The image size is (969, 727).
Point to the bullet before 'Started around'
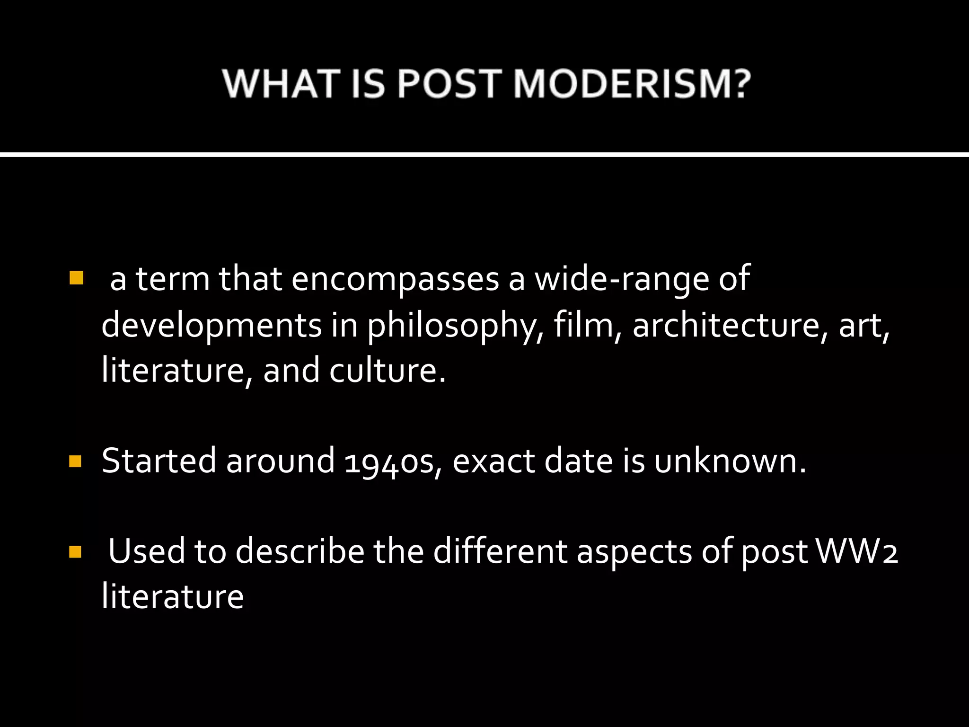tap(76, 461)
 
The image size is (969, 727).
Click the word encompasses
tap(395, 279)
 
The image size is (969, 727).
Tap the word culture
tap(388, 370)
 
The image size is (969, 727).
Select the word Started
tap(159, 461)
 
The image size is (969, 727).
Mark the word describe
tap(300, 552)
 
